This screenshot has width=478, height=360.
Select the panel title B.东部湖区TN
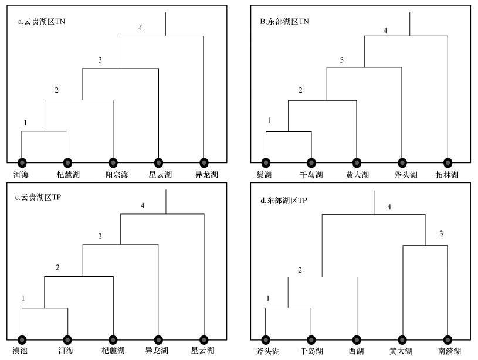[284, 22]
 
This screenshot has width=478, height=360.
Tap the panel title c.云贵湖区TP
[39, 198]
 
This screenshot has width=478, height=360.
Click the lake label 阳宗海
[113, 175]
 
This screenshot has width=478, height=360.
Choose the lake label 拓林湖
[448, 175]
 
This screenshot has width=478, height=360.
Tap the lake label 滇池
[22, 351]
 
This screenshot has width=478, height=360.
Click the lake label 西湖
[357, 351]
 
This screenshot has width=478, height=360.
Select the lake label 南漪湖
[448, 351]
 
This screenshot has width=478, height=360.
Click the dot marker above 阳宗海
[113, 162]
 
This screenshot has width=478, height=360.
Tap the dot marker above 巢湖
[266, 162]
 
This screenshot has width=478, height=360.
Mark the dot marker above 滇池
[22, 339]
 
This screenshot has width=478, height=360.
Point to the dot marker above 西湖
[357, 339]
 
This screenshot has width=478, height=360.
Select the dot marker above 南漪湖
[448, 339]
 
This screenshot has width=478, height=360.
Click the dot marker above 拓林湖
[448, 162]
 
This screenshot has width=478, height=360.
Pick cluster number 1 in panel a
[26, 123]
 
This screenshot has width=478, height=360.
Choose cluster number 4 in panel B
[385, 30]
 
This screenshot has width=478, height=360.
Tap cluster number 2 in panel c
[57, 268]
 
